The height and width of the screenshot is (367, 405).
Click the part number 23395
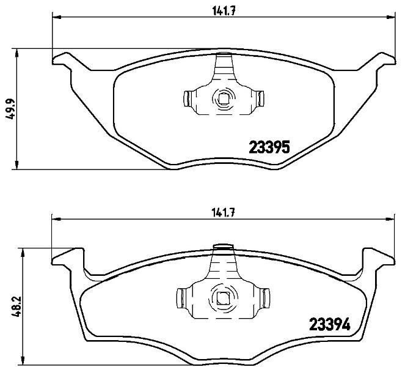(x=269, y=147)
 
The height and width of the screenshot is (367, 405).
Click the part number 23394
(x=330, y=324)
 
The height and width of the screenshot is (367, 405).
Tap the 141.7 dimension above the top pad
(x=224, y=11)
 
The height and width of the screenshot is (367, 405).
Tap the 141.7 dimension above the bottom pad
(x=223, y=213)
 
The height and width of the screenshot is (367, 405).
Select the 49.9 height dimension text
(x=10, y=109)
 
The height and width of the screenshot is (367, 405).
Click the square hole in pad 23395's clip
(x=222, y=99)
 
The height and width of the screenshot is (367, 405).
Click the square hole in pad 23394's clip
(x=222, y=298)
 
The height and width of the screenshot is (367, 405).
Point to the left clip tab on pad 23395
(x=187, y=98)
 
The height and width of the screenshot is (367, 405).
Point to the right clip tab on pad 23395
(x=260, y=98)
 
